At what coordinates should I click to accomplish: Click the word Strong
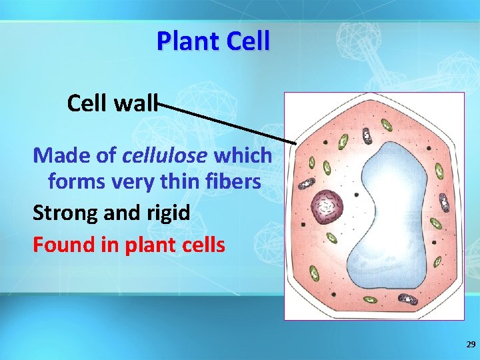pyautogui.click(x=65, y=213)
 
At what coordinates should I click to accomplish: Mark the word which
pyautogui.click(x=243, y=155)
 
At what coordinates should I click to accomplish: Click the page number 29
pyautogui.click(x=471, y=345)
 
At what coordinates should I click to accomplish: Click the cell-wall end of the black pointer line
pyautogui.click(x=296, y=143)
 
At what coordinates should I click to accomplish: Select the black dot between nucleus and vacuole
pyautogui.click(x=357, y=195)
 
